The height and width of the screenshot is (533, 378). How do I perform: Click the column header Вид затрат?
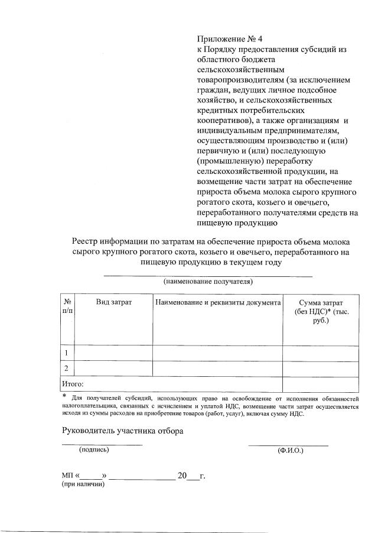point(113,302)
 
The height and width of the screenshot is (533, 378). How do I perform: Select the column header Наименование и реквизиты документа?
point(217,302)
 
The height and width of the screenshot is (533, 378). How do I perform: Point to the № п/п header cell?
point(67,306)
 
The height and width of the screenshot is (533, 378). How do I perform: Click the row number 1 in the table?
point(67,353)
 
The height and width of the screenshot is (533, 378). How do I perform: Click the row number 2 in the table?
point(67,369)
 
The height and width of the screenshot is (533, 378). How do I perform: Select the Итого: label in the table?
point(73,384)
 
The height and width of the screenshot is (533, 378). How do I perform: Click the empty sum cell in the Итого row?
point(320,384)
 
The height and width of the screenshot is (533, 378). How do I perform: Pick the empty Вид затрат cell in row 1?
point(113,353)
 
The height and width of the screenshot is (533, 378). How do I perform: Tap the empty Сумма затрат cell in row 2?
point(320,369)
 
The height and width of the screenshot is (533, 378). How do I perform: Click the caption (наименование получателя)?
point(208,282)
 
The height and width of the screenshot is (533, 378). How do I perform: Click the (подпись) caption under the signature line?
point(94,450)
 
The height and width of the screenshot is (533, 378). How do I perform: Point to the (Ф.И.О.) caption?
point(290,450)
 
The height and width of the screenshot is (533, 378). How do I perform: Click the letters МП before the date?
point(67,476)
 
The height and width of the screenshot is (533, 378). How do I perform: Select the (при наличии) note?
point(83,484)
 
